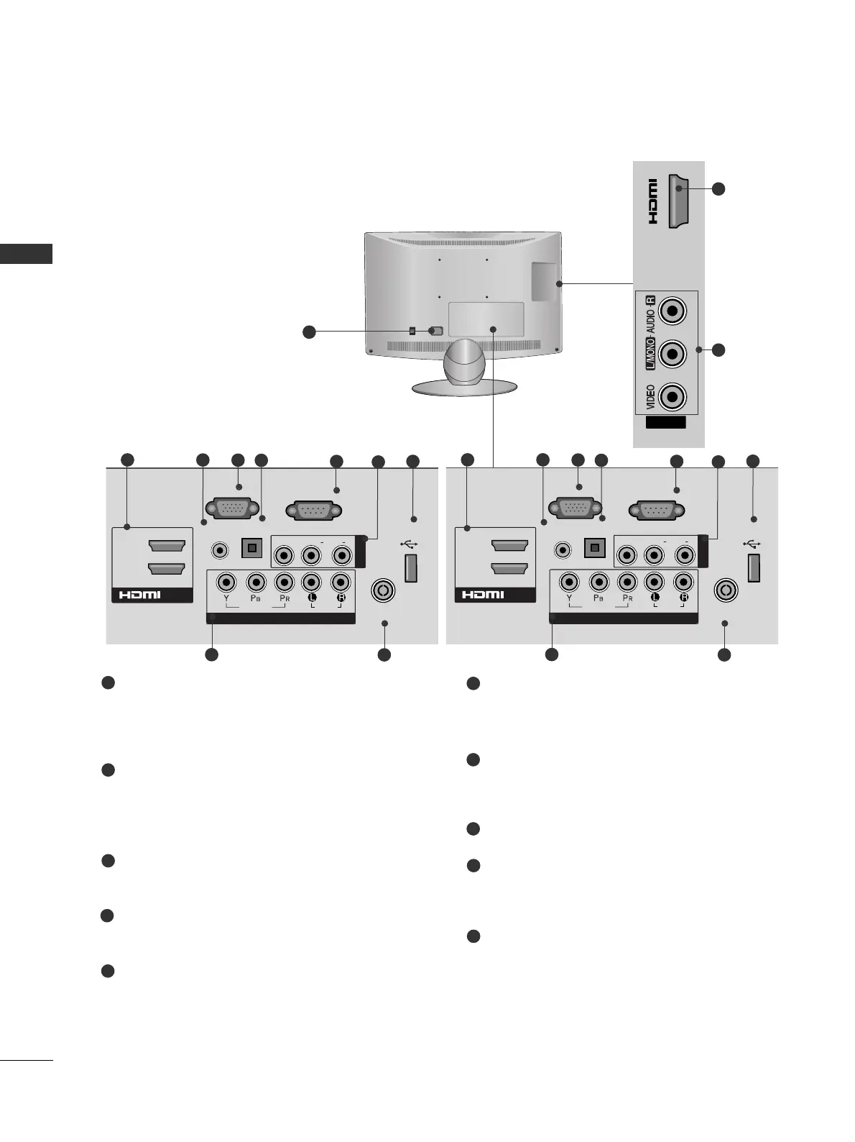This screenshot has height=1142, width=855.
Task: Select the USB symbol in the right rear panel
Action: (x=752, y=544)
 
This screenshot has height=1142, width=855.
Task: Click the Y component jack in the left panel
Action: (x=227, y=581)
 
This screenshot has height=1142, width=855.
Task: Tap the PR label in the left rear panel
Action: (x=284, y=598)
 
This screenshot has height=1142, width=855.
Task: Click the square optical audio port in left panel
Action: (x=251, y=548)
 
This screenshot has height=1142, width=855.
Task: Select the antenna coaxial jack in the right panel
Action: (x=726, y=590)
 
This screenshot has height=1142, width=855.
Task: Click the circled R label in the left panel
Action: (x=341, y=598)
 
